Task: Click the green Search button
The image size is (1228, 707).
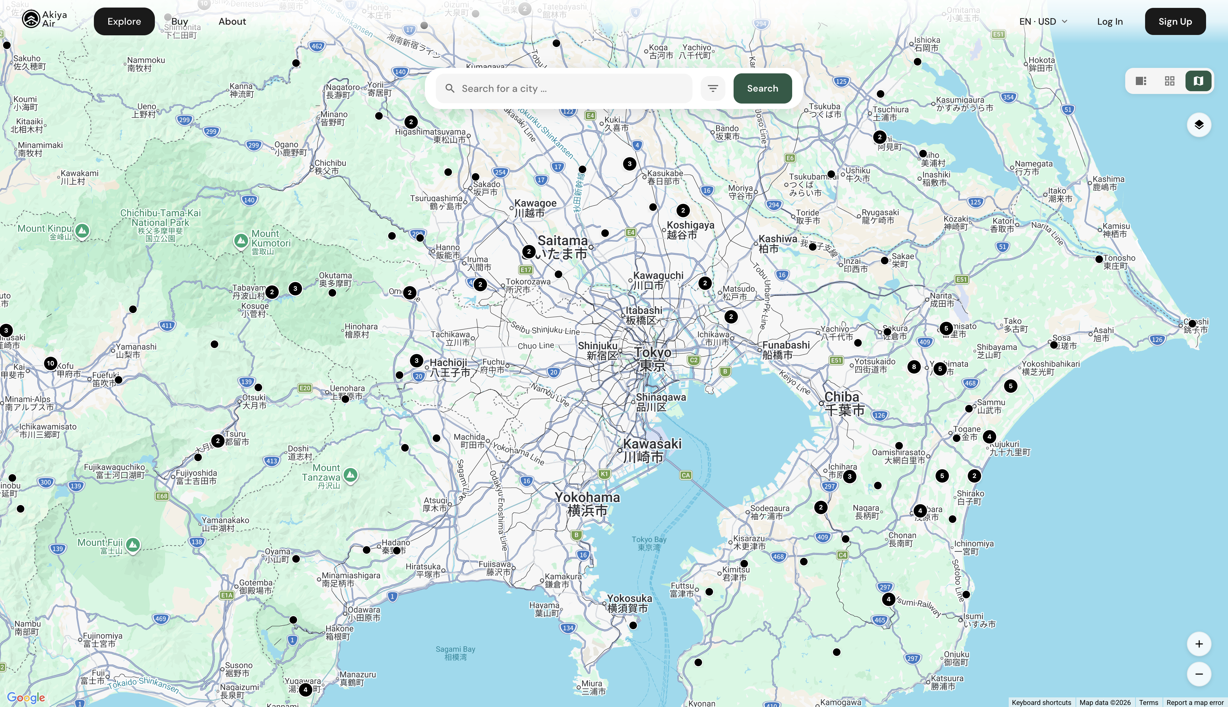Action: [762, 88]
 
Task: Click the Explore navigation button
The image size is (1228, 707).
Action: [124, 21]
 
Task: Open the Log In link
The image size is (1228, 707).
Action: [1109, 21]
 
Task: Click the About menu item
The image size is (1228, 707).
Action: [232, 21]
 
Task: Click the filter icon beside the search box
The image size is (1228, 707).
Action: [713, 88]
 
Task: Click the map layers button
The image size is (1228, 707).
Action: [1199, 125]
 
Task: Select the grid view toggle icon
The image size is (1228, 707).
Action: [1170, 81]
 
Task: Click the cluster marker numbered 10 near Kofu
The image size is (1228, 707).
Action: [50, 363]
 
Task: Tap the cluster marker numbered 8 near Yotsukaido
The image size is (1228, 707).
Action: [913, 367]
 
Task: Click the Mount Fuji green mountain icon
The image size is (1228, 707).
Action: [133, 545]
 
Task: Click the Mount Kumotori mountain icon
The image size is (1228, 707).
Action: [241, 240]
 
